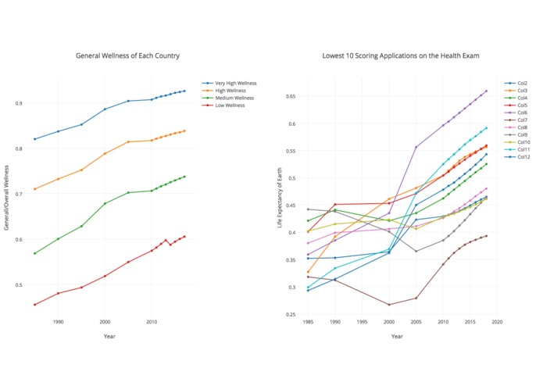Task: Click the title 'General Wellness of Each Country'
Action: [127, 56]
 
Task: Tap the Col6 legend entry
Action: [522, 112]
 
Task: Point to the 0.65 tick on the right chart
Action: [291, 97]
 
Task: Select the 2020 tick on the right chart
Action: [496, 321]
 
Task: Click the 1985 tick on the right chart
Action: [308, 321]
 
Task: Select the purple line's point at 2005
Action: [416, 147]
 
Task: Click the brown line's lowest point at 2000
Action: [389, 305]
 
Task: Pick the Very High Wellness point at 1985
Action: [35, 139]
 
